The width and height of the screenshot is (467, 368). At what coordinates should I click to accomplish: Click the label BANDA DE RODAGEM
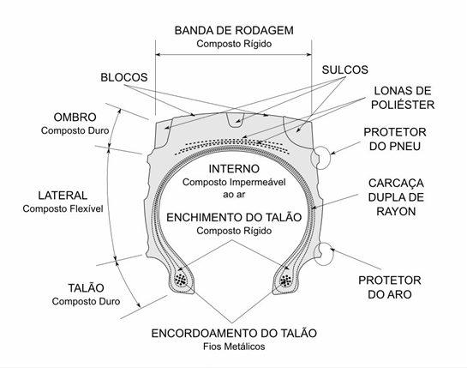(234, 30)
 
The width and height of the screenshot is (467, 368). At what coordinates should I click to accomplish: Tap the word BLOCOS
(124, 77)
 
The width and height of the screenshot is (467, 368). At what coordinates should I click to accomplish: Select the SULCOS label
(344, 69)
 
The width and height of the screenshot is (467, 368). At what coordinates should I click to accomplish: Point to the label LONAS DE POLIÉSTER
(403, 98)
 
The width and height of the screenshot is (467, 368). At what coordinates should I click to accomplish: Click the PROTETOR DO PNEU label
(395, 139)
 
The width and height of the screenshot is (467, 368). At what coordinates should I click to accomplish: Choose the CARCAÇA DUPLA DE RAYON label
(396, 197)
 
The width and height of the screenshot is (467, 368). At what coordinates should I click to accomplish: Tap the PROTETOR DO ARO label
(390, 287)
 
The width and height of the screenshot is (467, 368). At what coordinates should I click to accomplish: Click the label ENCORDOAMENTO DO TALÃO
(234, 333)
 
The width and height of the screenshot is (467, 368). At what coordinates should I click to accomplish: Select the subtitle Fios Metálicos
(234, 347)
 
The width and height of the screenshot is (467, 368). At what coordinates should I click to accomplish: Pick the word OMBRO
(75, 118)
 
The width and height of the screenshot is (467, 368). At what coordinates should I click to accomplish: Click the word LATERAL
(63, 196)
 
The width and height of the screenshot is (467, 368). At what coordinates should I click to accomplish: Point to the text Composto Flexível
(63, 208)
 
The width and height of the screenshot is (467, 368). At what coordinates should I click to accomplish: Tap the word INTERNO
(234, 169)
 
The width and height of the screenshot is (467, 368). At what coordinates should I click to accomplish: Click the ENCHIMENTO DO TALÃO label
(234, 217)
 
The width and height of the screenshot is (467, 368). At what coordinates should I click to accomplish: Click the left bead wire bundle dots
(181, 280)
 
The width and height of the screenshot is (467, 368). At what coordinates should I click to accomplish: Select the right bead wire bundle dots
(285, 280)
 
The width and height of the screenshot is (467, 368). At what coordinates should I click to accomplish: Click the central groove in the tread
(236, 120)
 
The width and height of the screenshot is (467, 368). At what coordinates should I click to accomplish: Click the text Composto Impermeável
(234, 182)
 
